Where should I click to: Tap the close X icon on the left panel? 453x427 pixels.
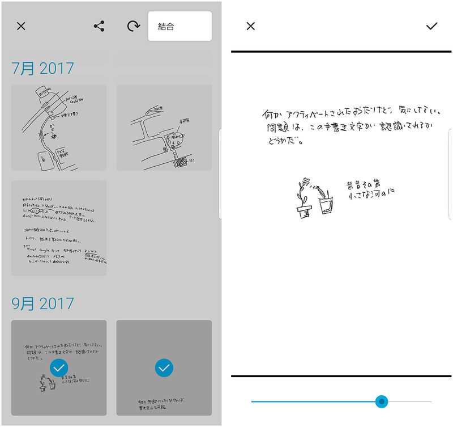pos(21,26)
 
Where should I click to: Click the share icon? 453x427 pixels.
pos(99,26)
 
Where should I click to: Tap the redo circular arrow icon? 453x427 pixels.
pos(134,26)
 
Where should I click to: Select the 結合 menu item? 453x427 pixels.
pos(180,26)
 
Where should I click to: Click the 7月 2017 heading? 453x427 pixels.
pos(43,69)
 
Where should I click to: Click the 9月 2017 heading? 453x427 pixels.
pos(43,303)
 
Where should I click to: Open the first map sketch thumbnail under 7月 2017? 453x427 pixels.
pos(59,127)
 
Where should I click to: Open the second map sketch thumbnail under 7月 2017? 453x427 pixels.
pos(164,127)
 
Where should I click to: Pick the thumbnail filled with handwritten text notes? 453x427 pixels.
pos(59,228)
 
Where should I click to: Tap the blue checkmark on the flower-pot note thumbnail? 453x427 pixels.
pos(59,368)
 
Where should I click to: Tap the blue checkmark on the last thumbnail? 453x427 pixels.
pos(164,368)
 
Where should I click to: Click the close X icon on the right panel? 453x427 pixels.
pos(251,26)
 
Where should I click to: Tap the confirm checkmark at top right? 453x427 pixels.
pos(432,26)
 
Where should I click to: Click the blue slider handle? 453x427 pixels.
pos(382,401)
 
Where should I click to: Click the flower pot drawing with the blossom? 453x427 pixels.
pos(304,198)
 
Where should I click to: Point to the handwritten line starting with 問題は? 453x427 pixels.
pos(340,128)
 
